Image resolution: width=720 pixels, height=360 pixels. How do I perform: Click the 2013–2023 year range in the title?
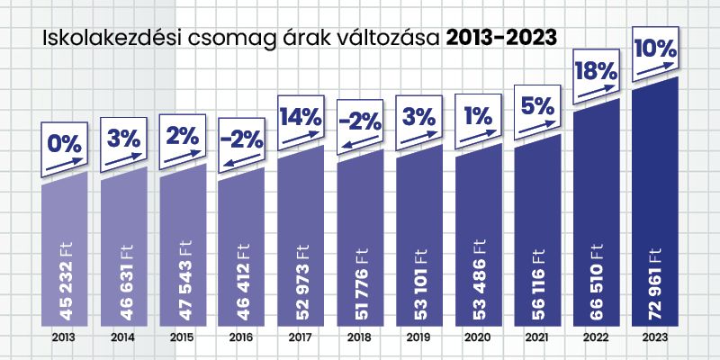coord(500,37)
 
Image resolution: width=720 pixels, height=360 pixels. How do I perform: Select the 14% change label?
coord(300,118)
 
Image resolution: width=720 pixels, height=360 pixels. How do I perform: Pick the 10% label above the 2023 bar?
coord(654,49)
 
